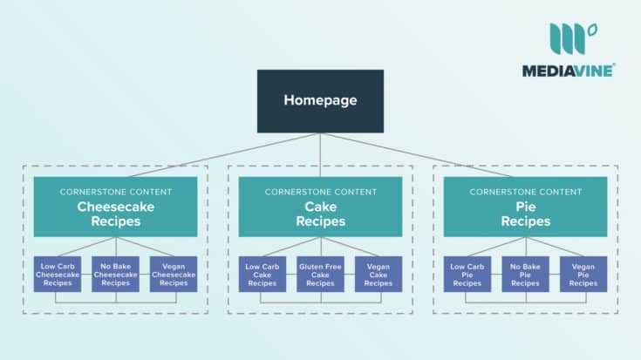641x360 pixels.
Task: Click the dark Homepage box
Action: [x=320, y=100]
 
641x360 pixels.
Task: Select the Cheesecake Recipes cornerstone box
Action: [x=115, y=207]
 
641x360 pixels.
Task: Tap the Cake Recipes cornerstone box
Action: [x=320, y=207]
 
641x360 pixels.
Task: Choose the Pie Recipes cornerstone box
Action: [x=525, y=207]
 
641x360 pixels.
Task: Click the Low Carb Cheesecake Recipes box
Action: [x=58, y=273]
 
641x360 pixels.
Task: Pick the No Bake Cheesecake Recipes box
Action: [x=115, y=273]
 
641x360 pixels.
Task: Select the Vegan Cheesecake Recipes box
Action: [x=173, y=273]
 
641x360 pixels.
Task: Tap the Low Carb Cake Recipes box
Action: [x=263, y=273]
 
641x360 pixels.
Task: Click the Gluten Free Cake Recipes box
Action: [x=320, y=273]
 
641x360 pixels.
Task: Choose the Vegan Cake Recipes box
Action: [x=378, y=273]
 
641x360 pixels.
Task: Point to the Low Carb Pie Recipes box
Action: [x=467, y=273]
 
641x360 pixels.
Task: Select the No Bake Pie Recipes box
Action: [x=525, y=273]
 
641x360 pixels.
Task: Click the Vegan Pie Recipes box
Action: [x=583, y=273]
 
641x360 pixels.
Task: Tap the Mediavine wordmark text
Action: [x=569, y=71]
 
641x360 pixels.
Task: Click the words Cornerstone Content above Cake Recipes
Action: [x=320, y=191]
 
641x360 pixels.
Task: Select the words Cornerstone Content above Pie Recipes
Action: [x=525, y=191]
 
